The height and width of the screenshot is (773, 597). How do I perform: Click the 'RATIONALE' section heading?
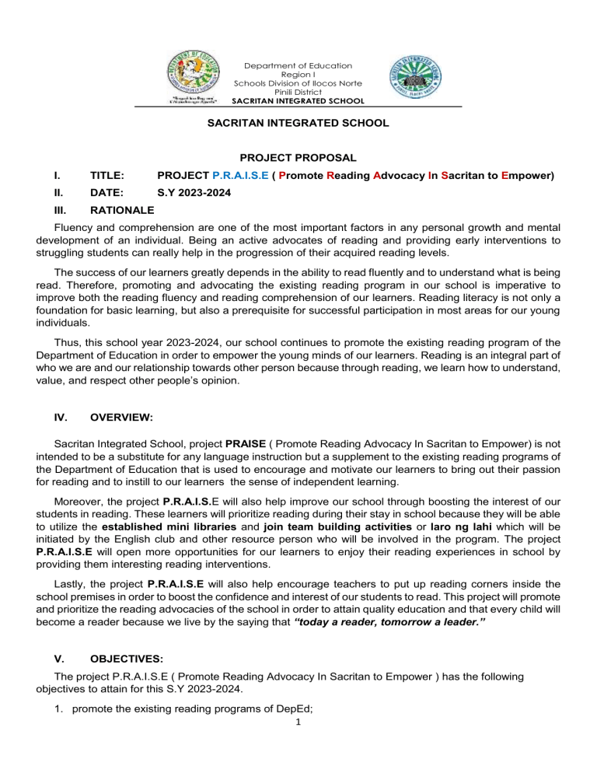122,210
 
